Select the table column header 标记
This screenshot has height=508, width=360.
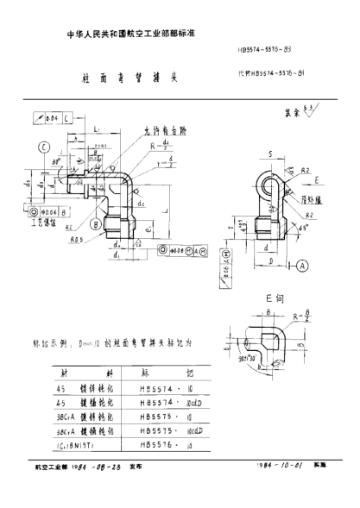173,372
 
